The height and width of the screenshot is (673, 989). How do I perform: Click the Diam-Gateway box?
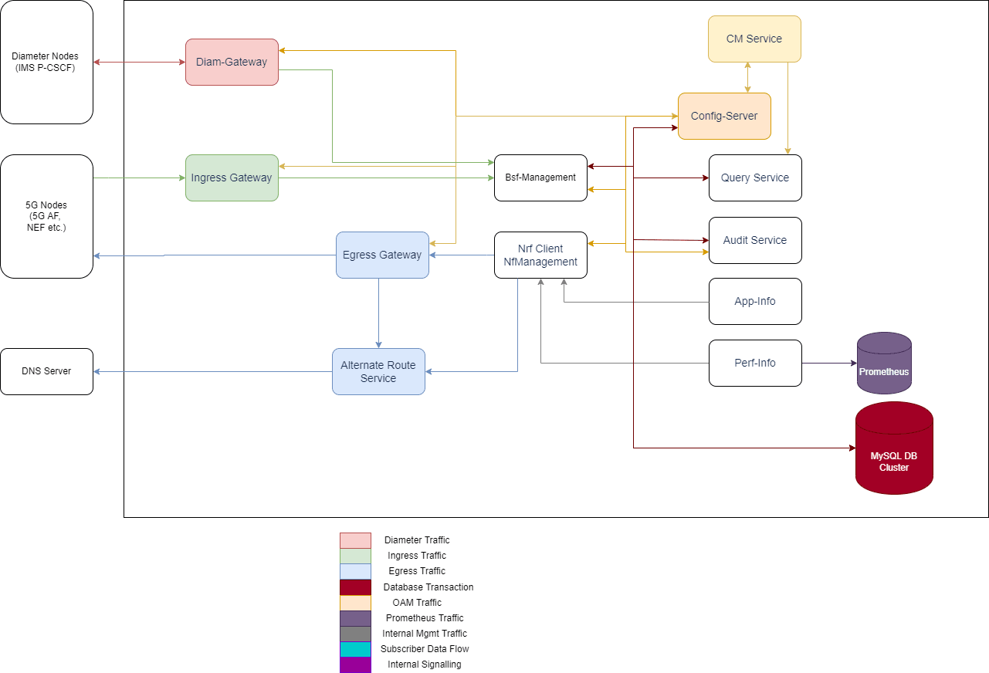(232, 62)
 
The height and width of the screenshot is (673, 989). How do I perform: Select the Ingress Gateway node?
(232, 178)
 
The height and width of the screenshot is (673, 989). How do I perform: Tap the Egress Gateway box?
(382, 255)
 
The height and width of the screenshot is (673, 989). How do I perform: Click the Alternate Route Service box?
(378, 371)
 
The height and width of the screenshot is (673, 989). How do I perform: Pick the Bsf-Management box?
(540, 178)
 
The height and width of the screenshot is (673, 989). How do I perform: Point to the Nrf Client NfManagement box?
(540, 255)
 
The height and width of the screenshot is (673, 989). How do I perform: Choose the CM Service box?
(754, 39)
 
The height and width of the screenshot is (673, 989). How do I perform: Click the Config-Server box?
(724, 116)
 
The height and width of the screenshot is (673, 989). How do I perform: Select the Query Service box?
(755, 178)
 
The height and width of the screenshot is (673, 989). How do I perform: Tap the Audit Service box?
(755, 240)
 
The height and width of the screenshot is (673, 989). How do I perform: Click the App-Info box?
(755, 301)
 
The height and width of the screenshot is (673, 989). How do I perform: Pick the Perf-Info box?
(755, 363)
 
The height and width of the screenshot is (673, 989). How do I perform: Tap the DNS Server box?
(46, 371)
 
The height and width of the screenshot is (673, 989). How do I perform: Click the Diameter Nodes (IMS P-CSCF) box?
(46, 62)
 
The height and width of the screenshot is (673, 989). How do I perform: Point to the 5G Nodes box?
(46, 216)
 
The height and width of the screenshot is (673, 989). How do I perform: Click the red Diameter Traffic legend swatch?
(355, 540)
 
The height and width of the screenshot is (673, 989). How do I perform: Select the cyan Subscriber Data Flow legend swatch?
(355, 649)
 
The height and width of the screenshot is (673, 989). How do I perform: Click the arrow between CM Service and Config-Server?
(747, 77)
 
